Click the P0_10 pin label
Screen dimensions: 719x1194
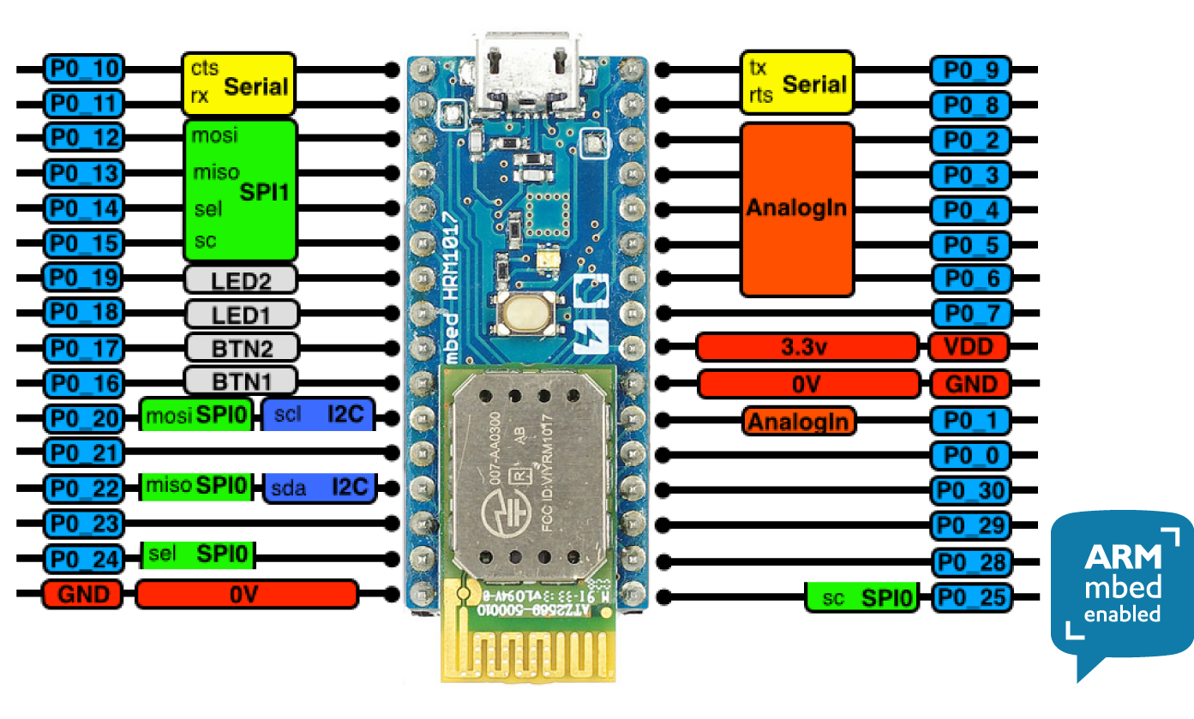[83, 69]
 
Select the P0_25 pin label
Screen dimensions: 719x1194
[970, 597]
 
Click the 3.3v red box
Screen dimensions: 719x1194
[807, 347]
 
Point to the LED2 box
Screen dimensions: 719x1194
[241, 279]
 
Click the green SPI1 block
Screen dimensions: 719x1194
[240, 190]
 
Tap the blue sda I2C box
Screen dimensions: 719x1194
[318, 488]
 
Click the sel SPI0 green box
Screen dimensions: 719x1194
[198, 554]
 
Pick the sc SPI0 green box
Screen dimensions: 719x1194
[862, 597]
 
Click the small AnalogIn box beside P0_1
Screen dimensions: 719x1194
[800, 421]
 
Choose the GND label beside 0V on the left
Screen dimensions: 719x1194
[83, 594]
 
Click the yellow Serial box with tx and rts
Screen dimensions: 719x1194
[797, 82]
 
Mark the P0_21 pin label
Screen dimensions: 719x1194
[83, 452]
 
